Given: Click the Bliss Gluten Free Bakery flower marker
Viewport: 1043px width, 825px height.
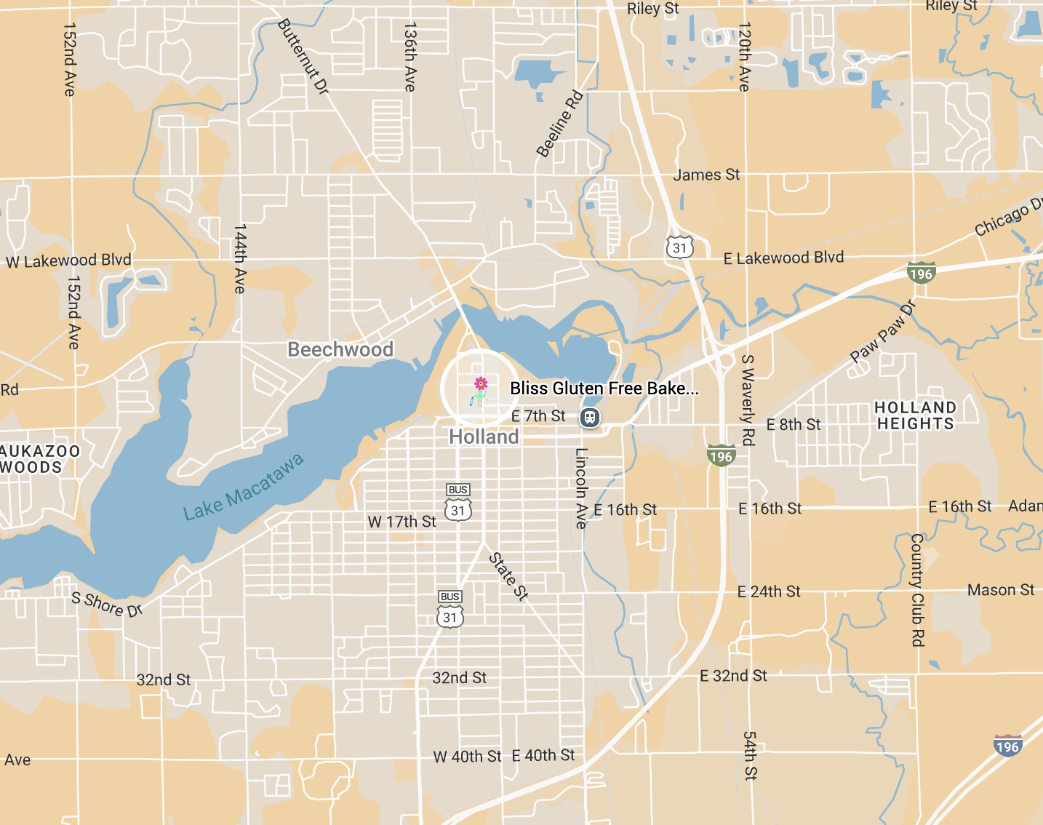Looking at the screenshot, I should point(480,385).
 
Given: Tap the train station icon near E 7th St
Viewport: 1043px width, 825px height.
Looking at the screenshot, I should point(590,418).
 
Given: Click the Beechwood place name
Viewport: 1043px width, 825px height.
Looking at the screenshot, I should point(340,350).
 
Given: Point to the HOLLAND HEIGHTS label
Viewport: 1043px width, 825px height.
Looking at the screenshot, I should point(915,415).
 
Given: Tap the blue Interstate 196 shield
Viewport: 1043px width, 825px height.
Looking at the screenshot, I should point(1007,746).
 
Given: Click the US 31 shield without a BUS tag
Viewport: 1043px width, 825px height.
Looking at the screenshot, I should point(679,247).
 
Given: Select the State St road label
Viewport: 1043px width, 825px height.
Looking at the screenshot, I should point(508,576).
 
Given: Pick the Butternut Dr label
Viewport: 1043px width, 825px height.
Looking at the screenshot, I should point(303,56).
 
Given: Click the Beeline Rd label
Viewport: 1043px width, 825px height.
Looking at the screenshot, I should point(559,124).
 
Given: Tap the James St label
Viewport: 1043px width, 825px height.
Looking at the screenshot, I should point(706,175).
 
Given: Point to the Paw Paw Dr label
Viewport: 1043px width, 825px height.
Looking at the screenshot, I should point(882,332).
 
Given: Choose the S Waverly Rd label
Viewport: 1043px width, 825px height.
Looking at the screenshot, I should point(747,399).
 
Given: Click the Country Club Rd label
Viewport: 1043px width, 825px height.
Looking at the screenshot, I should point(917,589).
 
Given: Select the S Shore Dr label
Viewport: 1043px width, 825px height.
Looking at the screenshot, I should point(107,604).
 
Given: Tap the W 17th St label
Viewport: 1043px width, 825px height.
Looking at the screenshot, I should point(401,522).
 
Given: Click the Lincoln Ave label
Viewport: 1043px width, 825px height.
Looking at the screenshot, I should point(581,487).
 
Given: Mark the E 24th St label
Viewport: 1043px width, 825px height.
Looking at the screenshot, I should point(769,591).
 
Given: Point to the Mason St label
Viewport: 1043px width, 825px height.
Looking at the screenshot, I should point(1000,590).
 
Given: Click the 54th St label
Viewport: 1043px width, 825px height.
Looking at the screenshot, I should point(749,756).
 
